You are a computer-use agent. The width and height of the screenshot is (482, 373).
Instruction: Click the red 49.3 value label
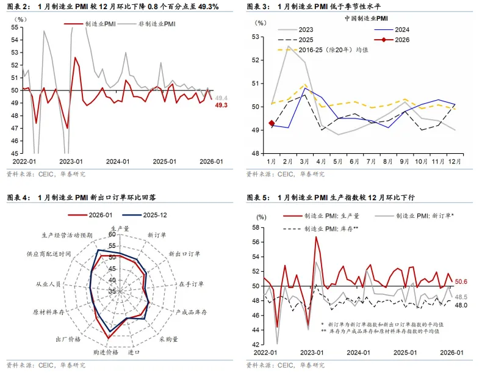pos(221,105)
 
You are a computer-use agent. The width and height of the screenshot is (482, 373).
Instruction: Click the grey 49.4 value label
pos(221,98)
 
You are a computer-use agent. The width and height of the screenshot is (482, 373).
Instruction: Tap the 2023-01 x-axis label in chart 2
pos(71,161)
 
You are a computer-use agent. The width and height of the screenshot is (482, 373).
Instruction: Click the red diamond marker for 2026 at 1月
pos(272,123)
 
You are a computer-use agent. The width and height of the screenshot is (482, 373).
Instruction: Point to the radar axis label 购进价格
pos(105,353)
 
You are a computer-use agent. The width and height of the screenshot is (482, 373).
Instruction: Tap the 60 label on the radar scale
pos(112,234)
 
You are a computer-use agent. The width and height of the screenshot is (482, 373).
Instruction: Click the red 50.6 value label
pos(461,281)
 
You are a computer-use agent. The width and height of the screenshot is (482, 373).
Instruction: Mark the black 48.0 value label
pos(461,305)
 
